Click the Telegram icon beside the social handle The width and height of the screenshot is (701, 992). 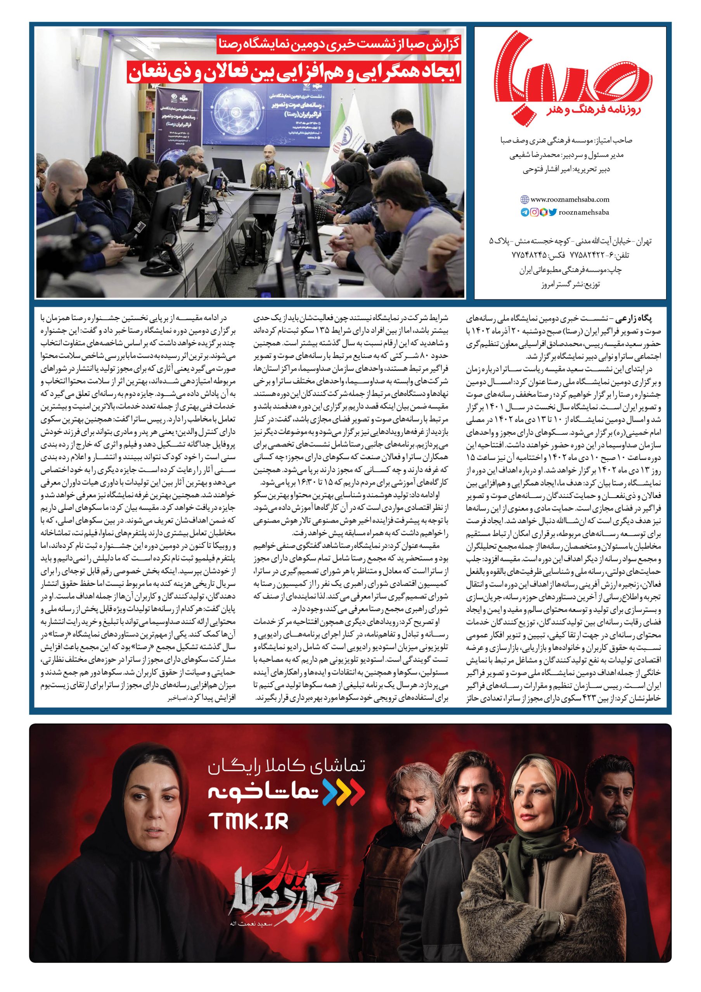coord(525,212)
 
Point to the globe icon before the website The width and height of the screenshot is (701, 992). coord(524,200)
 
